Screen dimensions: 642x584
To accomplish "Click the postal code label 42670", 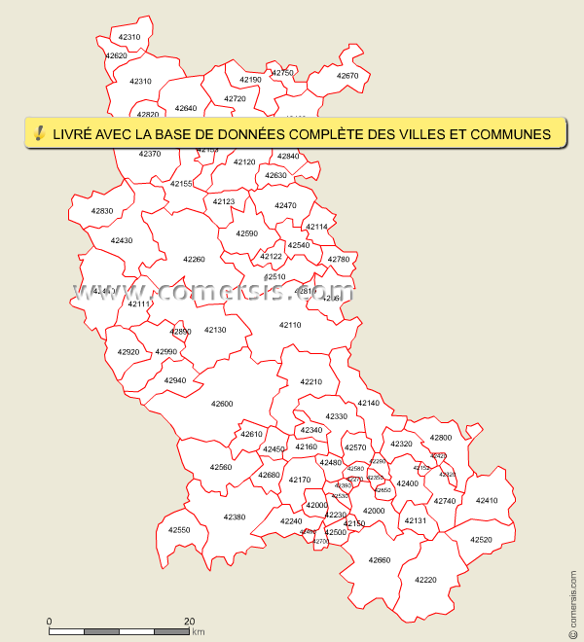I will pos(347,76).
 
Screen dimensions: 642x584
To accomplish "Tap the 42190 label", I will pos(250,80).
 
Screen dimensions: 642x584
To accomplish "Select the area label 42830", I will pos(102,211).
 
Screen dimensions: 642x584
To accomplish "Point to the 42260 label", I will pos(194,260).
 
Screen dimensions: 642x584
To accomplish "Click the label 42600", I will pos(222,404).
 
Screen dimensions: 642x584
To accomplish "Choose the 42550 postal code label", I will pos(179,530).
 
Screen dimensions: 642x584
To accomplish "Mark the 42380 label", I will pos(235,517).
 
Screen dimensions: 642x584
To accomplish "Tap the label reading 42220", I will pos(425,580).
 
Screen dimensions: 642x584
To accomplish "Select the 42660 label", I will pos(379,560).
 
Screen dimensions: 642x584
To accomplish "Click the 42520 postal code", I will pos(481,540).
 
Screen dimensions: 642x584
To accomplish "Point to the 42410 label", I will pos(486,501).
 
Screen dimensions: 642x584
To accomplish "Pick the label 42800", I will pos(441,439).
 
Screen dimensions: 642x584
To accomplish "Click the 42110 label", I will pos(290,325).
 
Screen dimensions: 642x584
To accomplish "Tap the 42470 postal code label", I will pos(285,206).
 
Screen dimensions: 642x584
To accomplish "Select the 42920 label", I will pos(128,352).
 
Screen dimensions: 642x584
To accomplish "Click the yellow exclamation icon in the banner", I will pos(39,133).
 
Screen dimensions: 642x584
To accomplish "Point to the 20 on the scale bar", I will pos(190,621).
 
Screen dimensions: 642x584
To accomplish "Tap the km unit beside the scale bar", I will pos(199,632).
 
